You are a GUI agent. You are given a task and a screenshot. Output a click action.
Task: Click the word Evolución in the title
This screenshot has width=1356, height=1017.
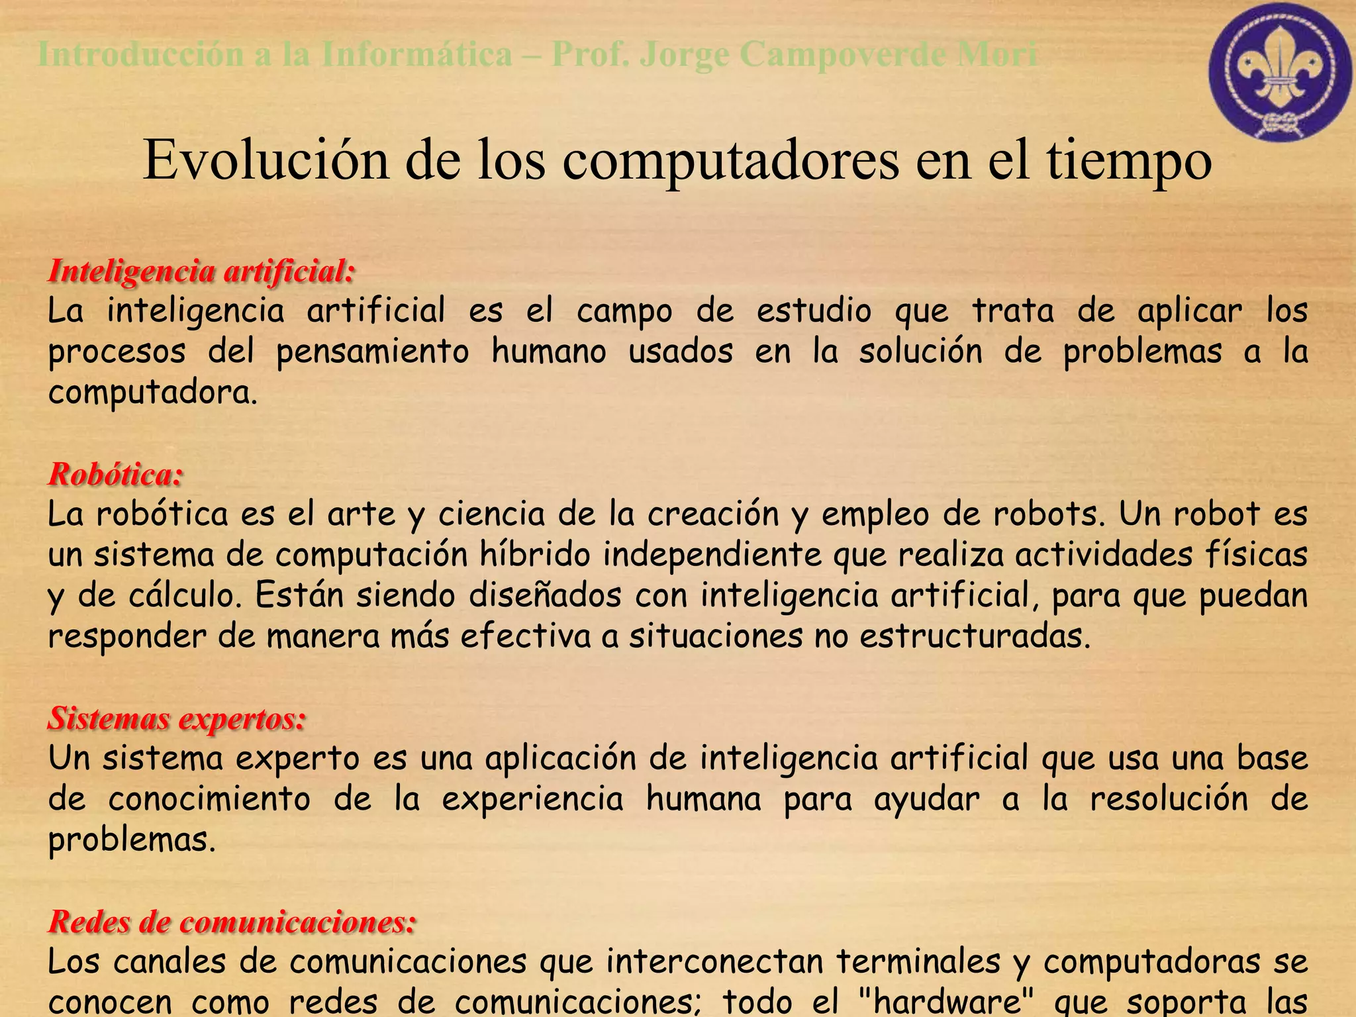(266, 160)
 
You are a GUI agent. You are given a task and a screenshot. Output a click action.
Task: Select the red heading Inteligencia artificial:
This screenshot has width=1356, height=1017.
(201, 271)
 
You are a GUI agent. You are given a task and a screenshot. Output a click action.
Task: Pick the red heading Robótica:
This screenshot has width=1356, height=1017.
(115, 474)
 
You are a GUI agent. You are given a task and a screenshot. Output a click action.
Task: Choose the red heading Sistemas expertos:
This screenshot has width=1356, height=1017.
(176, 718)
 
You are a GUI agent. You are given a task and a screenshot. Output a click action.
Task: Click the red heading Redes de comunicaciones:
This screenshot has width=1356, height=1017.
(232, 922)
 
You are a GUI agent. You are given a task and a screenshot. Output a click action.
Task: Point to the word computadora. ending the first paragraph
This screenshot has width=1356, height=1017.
(152, 393)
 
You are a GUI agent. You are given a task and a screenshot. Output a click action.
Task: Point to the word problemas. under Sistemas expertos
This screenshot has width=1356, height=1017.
(132, 840)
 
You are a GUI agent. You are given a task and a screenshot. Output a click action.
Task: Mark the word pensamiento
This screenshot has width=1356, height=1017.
(372, 352)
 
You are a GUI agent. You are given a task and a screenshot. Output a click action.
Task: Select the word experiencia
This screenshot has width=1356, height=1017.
(532, 799)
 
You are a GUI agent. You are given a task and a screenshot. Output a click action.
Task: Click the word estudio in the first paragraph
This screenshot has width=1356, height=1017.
(814, 311)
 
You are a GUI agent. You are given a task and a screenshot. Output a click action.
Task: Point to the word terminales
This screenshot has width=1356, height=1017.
(918, 962)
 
